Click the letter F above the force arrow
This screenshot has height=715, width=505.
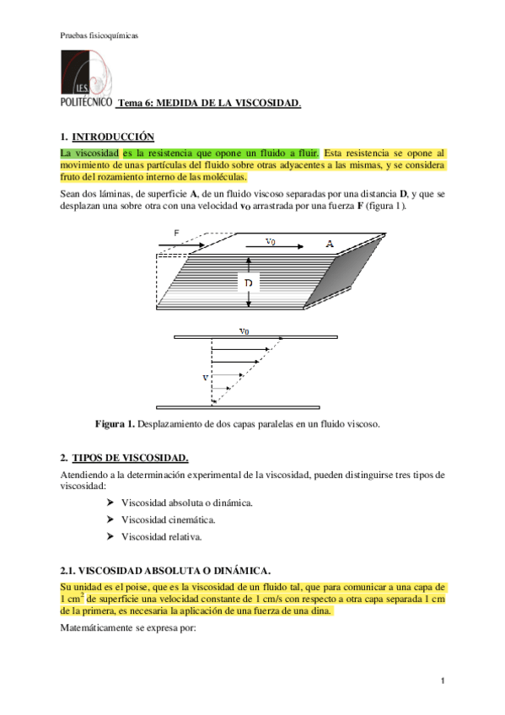176,233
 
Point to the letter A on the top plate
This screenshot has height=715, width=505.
330,244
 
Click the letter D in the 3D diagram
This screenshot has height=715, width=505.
249,284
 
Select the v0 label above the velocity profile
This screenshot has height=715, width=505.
244,331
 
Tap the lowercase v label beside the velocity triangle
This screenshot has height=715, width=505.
204,378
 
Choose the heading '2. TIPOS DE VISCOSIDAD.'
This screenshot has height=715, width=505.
125,458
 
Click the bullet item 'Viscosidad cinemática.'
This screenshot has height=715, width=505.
167,519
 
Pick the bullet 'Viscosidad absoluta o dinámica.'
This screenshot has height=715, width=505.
187,503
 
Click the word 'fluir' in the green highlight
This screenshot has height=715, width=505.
306,153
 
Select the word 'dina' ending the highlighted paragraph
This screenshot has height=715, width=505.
321,610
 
